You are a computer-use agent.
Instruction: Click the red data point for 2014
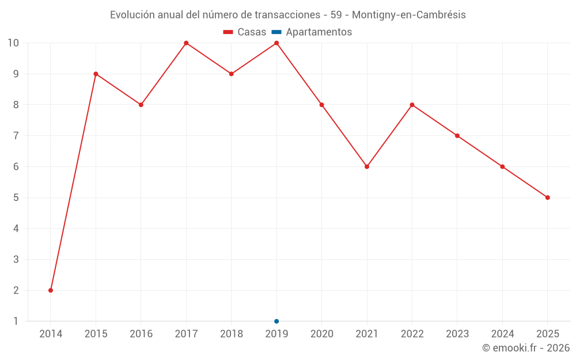pos(51,290)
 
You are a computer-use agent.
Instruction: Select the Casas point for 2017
pos(186,43)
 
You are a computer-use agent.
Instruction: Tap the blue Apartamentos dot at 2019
pos(276,321)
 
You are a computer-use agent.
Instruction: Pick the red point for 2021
pos(367,166)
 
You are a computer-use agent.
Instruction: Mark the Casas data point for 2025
pos(548,198)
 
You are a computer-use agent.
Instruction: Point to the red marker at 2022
pos(412,105)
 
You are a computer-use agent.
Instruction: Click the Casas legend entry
pos(245,32)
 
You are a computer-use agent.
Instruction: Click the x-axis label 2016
pos(141,334)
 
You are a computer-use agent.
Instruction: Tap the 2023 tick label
pos(457,334)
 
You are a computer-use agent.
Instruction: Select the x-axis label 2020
pos(321,334)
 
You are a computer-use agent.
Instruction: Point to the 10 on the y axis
pos(13,43)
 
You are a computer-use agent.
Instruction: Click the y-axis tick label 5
pos(16,198)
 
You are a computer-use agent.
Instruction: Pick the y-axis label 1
pos(16,321)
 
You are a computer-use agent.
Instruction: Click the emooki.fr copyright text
pos(526,348)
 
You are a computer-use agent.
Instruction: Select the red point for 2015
pos(96,74)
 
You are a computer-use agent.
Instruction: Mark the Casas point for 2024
pos(502,166)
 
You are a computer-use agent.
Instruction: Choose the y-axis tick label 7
pos(16,136)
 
